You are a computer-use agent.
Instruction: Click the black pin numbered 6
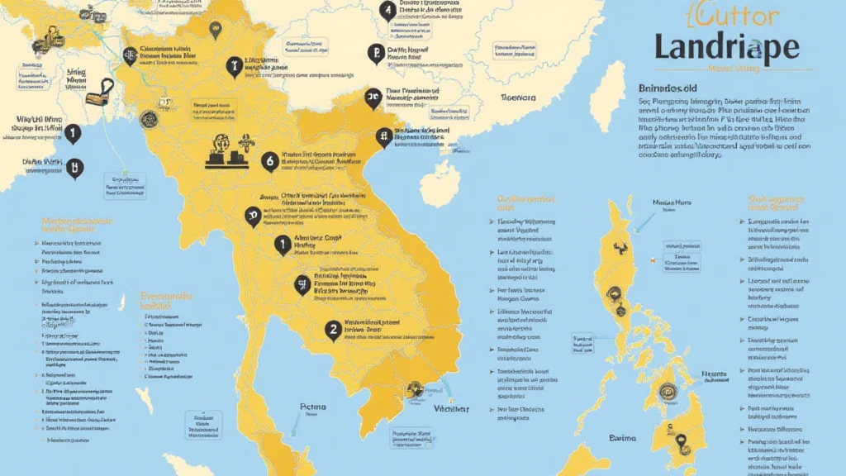tap(269, 162)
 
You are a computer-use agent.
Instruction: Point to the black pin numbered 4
tap(387, 11)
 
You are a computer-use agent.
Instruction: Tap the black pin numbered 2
tap(334, 331)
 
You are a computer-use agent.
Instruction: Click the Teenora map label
tap(519, 98)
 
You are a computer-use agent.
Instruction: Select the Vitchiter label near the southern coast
tap(449, 408)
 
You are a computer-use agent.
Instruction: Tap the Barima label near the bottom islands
tap(624, 438)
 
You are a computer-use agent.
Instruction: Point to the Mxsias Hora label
tap(672, 201)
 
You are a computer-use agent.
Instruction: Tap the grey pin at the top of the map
tap(216, 31)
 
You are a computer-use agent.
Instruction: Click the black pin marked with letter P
tap(375, 55)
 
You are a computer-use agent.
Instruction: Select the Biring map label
tap(76, 73)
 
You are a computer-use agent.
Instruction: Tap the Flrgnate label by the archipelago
tap(714, 374)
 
